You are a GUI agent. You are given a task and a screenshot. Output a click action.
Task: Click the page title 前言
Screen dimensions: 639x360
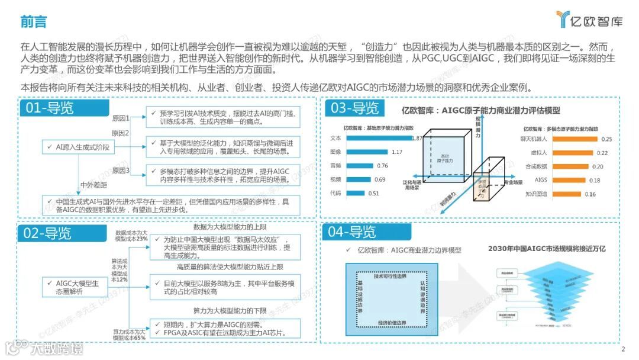(x=34, y=22)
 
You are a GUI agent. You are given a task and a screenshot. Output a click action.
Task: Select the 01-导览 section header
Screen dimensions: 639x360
(x=49, y=108)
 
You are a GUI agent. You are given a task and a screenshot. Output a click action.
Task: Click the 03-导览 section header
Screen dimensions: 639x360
(x=354, y=108)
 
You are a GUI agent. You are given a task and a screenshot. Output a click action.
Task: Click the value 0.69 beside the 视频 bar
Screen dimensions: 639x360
(x=380, y=179)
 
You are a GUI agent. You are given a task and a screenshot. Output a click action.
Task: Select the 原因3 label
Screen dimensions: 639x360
(x=121, y=171)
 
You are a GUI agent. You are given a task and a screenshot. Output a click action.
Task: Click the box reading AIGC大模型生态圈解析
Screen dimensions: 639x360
(x=72, y=288)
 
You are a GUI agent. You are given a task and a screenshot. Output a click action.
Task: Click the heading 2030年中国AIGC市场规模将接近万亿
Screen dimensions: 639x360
(x=547, y=249)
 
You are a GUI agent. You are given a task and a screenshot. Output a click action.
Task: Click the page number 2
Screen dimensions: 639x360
(x=623, y=349)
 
